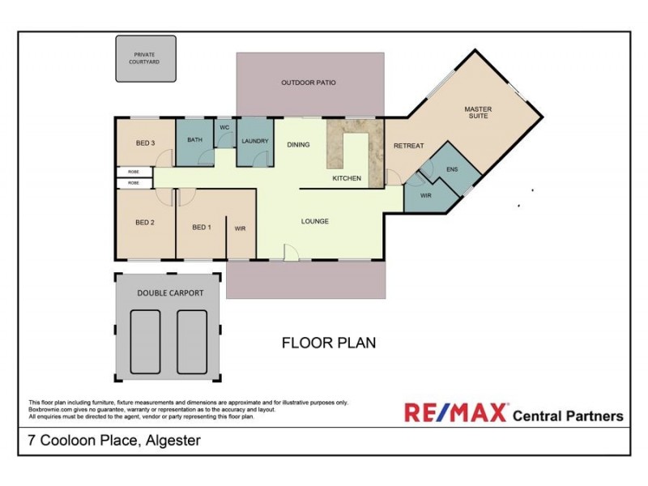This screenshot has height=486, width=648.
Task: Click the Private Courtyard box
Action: click(x=146, y=58)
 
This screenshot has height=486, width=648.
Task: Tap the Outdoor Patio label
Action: click(x=308, y=83)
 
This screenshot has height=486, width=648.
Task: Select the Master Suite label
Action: click(x=478, y=113)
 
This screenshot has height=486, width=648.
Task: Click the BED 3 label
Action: click(x=145, y=143)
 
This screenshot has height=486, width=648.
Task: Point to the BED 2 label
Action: click(x=145, y=222)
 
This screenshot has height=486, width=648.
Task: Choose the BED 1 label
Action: click(x=202, y=228)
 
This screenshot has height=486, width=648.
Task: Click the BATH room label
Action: click(x=194, y=140)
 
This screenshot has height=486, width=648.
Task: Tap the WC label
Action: click(x=224, y=127)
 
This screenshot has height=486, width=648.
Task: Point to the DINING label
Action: click(x=298, y=145)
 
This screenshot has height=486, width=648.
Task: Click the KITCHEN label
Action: click(x=347, y=178)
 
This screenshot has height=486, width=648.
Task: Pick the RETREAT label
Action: click(x=408, y=146)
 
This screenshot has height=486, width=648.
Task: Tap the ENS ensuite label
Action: click(x=452, y=170)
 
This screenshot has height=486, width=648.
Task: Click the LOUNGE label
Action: click(x=314, y=221)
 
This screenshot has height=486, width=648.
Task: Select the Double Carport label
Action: click(x=170, y=293)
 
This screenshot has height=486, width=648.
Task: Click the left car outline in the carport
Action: click(x=147, y=341)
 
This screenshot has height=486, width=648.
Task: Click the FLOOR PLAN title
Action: click(x=328, y=343)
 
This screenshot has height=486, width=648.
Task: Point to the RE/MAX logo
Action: click(x=456, y=413)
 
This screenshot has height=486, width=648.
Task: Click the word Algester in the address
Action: click(x=173, y=441)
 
